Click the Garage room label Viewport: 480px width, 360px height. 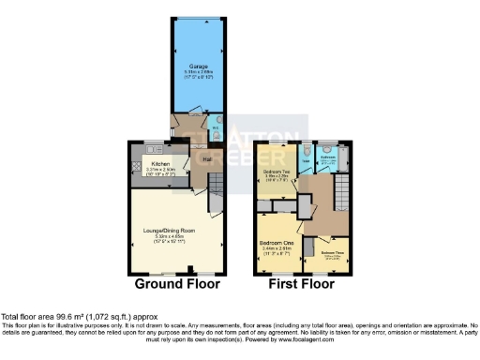click(x=197, y=67)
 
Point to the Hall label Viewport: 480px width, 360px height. click(x=206, y=159)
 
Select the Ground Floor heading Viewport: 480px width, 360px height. click(x=177, y=283)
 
